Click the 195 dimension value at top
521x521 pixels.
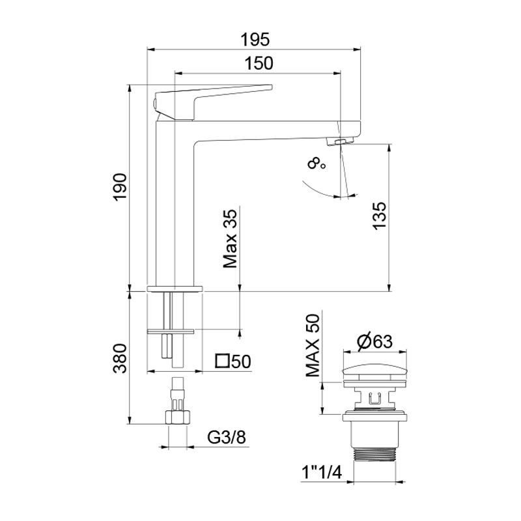(x=255, y=38)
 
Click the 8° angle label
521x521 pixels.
(x=317, y=163)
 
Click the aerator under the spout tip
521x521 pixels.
(x=339, y=141)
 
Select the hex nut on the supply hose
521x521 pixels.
(x=176, y=417)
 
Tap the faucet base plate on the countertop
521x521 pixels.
(x=176, y=287)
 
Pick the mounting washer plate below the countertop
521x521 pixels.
(x=171, y=331)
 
